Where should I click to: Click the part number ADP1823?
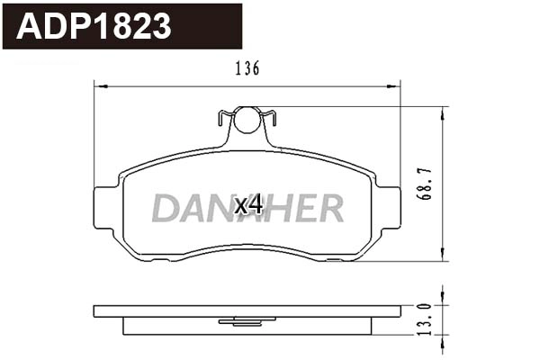click(x=94, y=26)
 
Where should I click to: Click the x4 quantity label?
click(x=247, y=205)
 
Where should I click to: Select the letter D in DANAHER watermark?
click(x=165, y=208)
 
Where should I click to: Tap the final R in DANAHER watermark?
click(x=329, y=208)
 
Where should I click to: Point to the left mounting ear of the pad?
click(x=106, y=212)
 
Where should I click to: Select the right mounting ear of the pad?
click(x=388, y=212)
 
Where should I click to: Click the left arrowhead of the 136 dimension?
click(x=99, y=86)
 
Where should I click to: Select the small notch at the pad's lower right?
click(x=334, y=258)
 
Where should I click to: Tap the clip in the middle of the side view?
click(x=247, y=320)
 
